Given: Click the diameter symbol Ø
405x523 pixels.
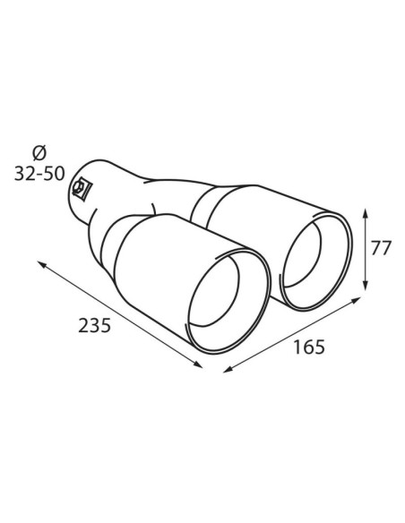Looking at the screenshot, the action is tap(39, 154).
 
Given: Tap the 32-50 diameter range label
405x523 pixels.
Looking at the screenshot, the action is tap(39, 174).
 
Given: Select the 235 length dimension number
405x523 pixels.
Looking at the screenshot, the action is tap(94, 326).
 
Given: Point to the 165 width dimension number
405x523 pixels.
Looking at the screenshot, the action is tap(308, 347).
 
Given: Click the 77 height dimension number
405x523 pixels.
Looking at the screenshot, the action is tap(381, 248).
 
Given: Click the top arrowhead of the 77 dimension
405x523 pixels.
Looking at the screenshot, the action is tap(366, 213).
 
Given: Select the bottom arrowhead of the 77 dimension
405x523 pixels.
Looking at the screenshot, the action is tap(366, 286).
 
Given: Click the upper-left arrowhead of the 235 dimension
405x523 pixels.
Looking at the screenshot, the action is tap(42, 264).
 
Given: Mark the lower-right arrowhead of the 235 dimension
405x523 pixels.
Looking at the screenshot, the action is tap(197, 364).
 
